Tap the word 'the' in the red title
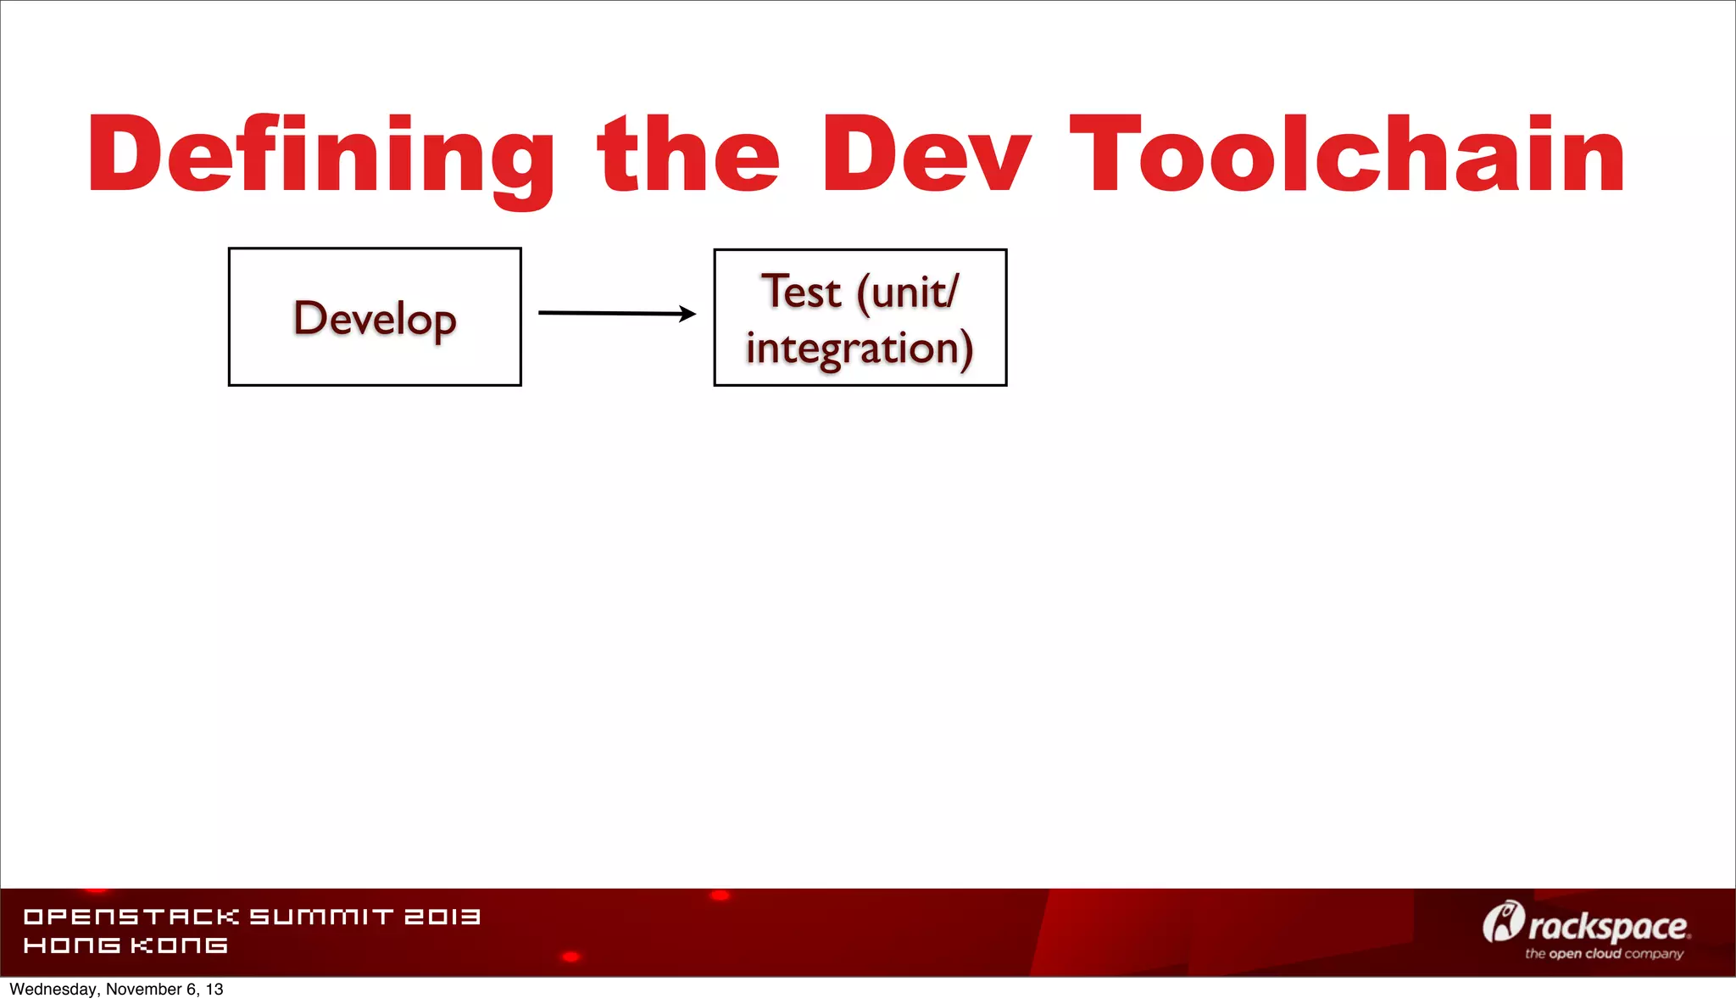[x=688, y=155]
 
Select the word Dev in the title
[x=926, y=155]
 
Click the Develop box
[x=375, y=317]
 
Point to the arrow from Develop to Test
[x=610, y=313]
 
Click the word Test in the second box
[x=801, y=292]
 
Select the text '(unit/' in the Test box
[x=908, y=293]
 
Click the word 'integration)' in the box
[x=860, y=349]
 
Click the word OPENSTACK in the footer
[x=131, y=917]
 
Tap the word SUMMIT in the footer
[x=321, y=917]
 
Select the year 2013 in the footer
[x=442, y=917]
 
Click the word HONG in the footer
[x=72, y=945]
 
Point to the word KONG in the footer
[x=179, y=945]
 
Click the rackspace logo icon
[x=1503, y=922]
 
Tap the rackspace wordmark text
[x=1608, y=927]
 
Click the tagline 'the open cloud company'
[x=1604, y=954]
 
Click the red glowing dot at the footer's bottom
[x=571, y=957]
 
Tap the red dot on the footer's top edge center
[x=720, y=895]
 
